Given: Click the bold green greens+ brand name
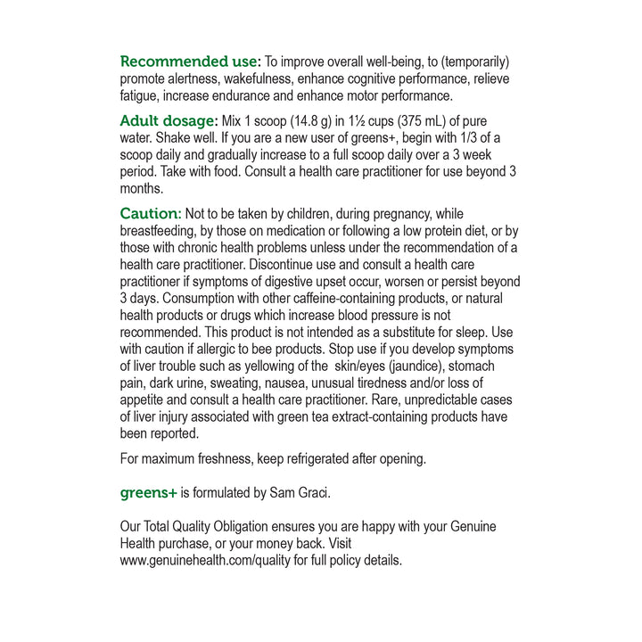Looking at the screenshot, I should coord(148,491).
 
